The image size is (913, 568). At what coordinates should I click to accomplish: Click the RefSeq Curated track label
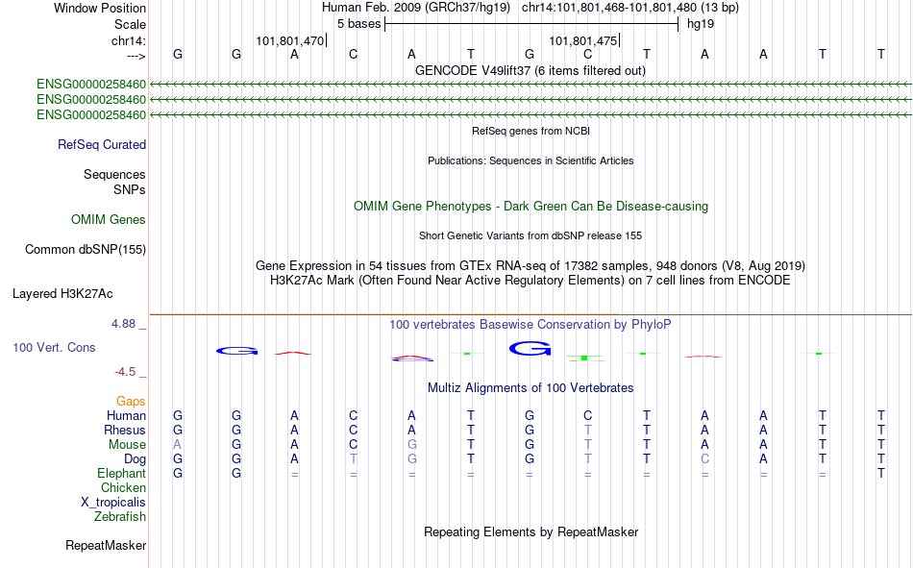tap(102, 144)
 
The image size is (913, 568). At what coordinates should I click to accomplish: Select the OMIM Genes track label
tap(109, 220)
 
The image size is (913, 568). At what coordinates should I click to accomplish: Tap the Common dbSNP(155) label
tap(86, 249)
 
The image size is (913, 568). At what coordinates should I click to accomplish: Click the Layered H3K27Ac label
tap(62, 294)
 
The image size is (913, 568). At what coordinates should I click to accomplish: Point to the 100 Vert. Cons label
tap(54, 347)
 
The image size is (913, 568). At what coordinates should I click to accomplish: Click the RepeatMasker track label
tap(106, 545)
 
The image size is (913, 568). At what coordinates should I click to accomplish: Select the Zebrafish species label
tap(120, 517)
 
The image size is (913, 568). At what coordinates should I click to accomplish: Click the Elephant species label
tap(122, 473)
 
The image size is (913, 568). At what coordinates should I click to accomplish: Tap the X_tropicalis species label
tap(113, 503)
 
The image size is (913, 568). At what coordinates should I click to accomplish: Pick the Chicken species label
tap(123, 487)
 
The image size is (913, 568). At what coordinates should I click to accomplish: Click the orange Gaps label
tap(131, 401)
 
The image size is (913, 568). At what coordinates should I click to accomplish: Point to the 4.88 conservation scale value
tap(124, 324)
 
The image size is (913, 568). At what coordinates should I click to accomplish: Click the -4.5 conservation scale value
tap(125, 372)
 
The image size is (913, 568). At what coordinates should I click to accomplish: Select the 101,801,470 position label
tap(290, 40)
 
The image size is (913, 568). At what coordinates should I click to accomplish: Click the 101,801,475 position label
tap(582, 40)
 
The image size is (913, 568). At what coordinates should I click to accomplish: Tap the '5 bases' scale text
tap(358, 24)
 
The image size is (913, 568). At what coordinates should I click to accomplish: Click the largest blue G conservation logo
tap(530, 348)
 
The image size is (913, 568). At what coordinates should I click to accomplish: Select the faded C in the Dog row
tap(704, 459)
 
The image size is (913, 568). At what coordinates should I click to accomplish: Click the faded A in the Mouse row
tap(177, 444)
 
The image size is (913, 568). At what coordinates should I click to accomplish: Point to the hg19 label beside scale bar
tap(701, 24)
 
